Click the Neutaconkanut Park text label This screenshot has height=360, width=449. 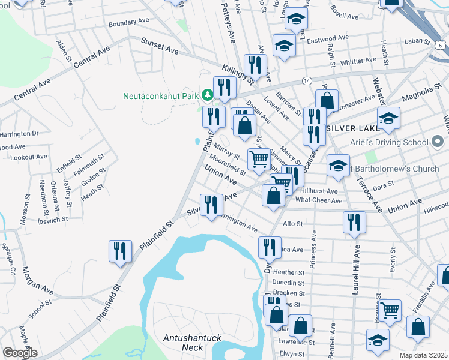point(161,95)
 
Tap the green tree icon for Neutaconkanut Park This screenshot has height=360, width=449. point(207,95)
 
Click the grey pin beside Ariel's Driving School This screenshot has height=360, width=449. point(438,142)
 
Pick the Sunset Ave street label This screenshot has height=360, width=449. point(160,47)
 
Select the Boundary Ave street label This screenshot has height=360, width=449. point(128,22)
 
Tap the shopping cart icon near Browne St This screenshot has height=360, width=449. point(390,310)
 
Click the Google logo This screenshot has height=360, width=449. point(20,353)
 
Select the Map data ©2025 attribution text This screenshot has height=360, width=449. point(424,355)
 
